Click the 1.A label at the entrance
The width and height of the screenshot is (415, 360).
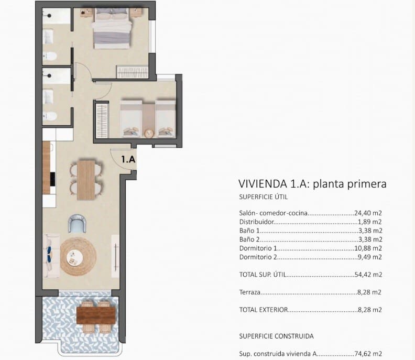coord(128,158)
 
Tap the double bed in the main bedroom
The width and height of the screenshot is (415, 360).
coord(112,29)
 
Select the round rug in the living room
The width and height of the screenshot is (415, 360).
coord(78,256)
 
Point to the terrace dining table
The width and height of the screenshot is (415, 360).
coord(95,315)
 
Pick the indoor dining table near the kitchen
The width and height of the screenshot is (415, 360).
coord(86,180)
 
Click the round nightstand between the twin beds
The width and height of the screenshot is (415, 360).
coord(148,133)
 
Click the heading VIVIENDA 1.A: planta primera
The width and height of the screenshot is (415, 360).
coord(312,184)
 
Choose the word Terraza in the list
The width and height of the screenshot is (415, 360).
coord(249,292)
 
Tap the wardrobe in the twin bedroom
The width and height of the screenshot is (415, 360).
coord(102,121)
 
